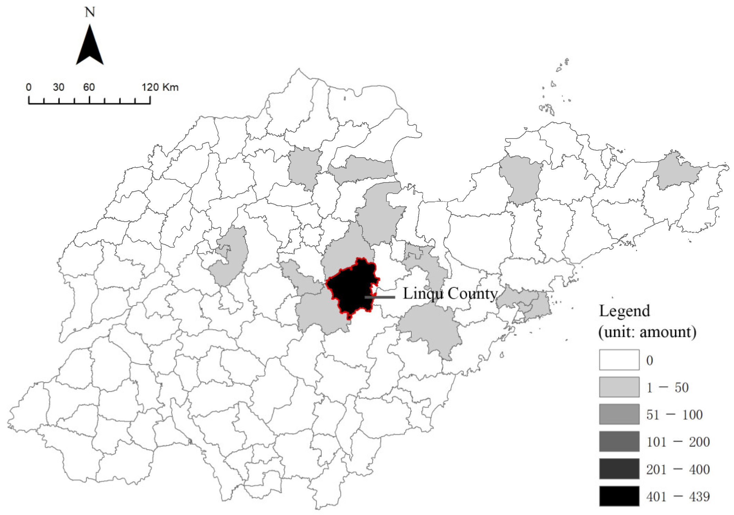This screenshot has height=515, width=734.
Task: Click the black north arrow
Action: click(x=90, y=47)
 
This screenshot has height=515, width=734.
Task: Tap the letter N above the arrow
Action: click(x=90, y=12)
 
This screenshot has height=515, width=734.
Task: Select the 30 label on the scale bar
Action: click(x=59, y=87)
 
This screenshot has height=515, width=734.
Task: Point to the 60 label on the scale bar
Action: click(x=89, y=87)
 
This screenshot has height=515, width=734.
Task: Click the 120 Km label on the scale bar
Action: click(x=160, y=87)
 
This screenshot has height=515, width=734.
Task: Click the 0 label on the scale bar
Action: click(x=29, y=87)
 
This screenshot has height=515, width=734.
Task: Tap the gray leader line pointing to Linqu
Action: click(x=380, y=297)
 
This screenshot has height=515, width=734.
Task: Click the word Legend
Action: click(x=624, y=311)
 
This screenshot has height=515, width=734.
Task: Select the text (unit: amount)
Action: click(x=647, y=332)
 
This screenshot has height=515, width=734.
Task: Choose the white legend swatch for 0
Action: click(x=619, y=360)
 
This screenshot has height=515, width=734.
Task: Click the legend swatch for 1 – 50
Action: click(x=619, y=387)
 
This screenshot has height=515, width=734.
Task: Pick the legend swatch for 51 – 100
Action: click(x=619, y=414)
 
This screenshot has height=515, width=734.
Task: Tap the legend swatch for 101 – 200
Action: click(x=619, y=442)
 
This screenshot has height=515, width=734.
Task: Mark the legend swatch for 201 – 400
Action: click(x=619, y=469)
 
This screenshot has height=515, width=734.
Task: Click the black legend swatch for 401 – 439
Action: click(x=619, y=496)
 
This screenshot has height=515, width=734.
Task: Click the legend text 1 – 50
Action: click(x=667, y=388)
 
